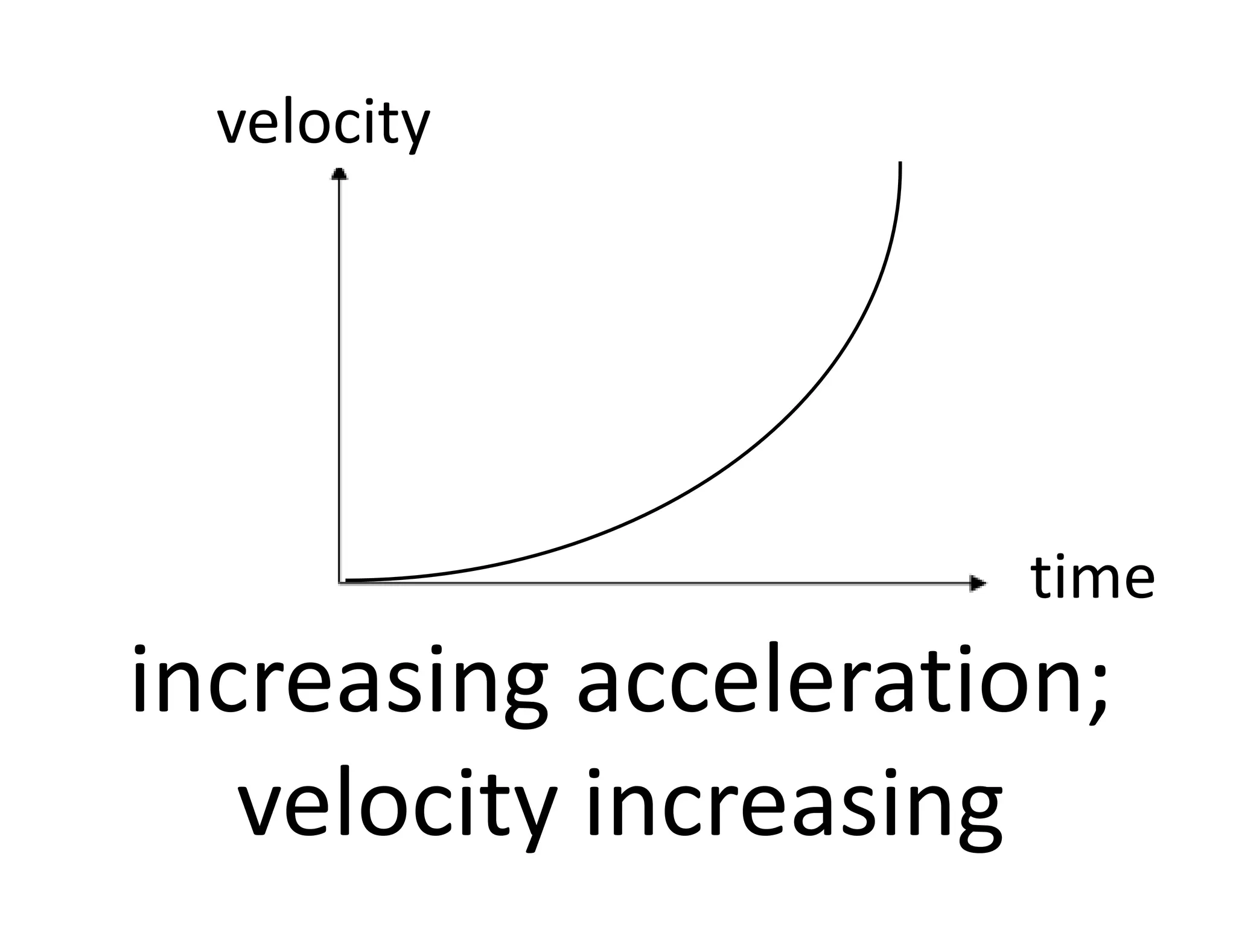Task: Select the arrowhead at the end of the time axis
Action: tap(977, 583)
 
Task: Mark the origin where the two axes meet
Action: tap(340, 582)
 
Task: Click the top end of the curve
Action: tap(900, 164)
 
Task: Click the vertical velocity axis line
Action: tap(340, 374)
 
